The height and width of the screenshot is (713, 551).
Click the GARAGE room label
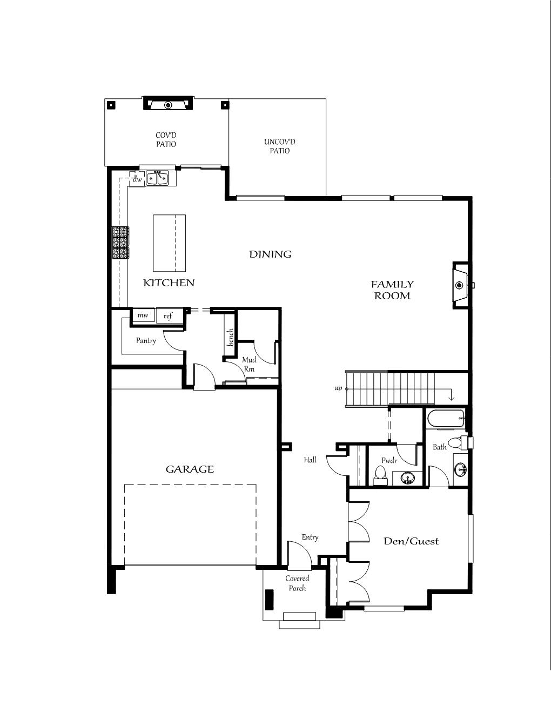point(190,469)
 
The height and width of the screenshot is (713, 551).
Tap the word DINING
point(270,254)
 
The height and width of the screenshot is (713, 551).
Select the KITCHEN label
point(169,282)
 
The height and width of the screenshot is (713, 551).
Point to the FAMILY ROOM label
point(392,290)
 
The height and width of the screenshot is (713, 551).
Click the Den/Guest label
point(411,541)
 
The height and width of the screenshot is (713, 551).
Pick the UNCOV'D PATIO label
point(280,146)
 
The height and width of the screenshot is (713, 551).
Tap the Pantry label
point(146,341)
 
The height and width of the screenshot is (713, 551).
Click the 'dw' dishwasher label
point(137,179)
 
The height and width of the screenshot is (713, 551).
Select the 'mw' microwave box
point(143,315)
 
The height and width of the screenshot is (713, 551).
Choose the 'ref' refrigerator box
point(169,315)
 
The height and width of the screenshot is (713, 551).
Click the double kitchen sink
point(157,178)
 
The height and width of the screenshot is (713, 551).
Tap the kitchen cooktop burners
point(120,243)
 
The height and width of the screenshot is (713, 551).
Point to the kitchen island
point(169,243)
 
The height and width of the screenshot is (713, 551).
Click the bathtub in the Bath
point(446,419)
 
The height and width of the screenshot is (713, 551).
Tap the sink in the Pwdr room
point(408,478)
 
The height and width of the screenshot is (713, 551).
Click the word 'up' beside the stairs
point(338,389)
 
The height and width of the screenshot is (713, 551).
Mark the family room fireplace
point(461,285)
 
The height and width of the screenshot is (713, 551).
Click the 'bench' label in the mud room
point(230,337)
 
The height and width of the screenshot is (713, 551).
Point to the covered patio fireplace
point(169,104)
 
